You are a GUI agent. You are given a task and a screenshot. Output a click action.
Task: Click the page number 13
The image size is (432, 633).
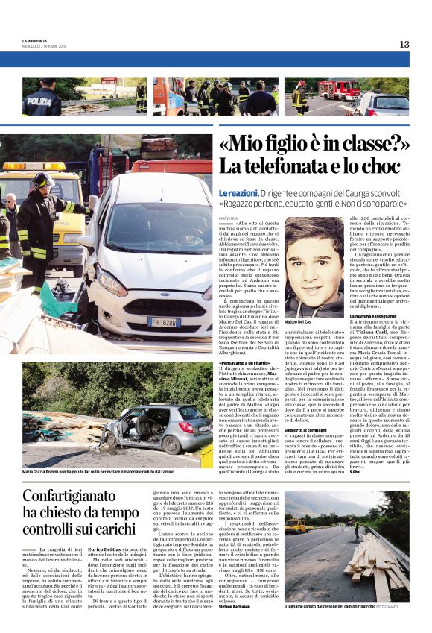tap(404, 44)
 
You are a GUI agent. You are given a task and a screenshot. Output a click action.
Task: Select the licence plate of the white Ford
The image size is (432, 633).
tap(163, 322)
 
